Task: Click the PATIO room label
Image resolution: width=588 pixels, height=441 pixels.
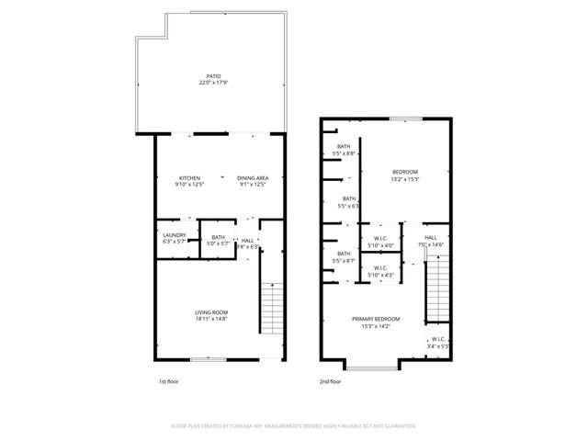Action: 213,76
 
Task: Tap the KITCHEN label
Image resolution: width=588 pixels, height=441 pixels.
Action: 190,178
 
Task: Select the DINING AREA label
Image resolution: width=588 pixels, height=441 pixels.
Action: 253,178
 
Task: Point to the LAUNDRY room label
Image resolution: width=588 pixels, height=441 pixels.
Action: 175,235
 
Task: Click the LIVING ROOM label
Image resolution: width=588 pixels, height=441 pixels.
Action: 211,312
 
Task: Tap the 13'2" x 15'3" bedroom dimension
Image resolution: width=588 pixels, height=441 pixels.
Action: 405,179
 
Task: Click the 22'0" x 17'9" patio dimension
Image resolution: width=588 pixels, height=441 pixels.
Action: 213,83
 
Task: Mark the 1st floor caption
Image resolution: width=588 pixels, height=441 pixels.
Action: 168,380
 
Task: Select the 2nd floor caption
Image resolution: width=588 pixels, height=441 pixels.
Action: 330,380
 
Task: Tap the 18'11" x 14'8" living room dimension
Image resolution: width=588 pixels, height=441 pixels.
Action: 211,319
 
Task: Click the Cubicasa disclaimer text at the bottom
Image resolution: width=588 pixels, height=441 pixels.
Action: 294,426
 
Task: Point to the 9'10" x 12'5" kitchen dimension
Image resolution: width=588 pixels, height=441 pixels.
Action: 190,185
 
